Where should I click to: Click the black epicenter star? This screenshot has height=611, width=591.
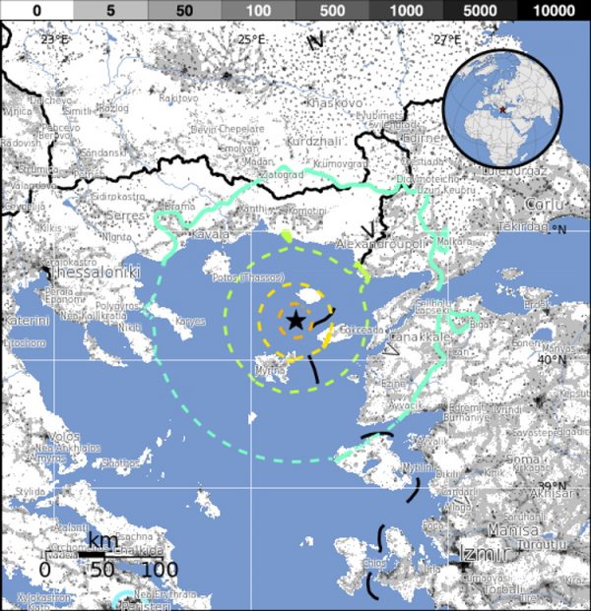click(295, 320)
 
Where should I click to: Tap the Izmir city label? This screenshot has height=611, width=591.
click(480, 556)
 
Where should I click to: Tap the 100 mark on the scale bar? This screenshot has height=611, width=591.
click(154, 570)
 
